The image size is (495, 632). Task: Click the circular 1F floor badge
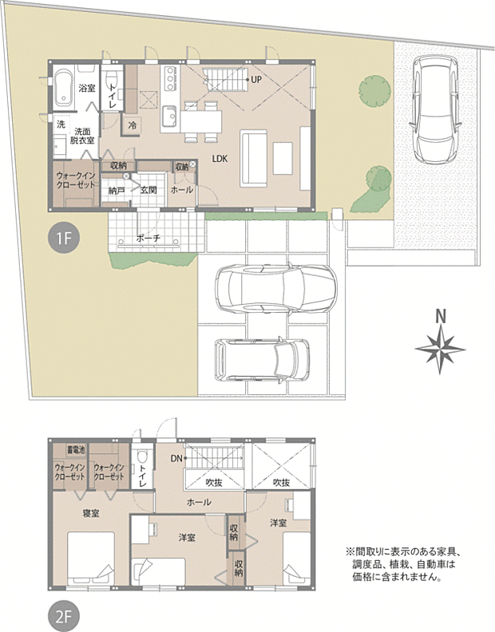62,239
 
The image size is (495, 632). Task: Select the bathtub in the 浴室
63,87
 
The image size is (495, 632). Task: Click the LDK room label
220,159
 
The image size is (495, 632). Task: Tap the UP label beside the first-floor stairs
255,80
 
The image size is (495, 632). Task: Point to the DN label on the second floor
176,458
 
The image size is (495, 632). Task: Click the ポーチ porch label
148,238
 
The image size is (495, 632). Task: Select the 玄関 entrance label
149,191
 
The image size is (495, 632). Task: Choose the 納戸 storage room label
117,191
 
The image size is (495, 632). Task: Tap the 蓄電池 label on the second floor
77,449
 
